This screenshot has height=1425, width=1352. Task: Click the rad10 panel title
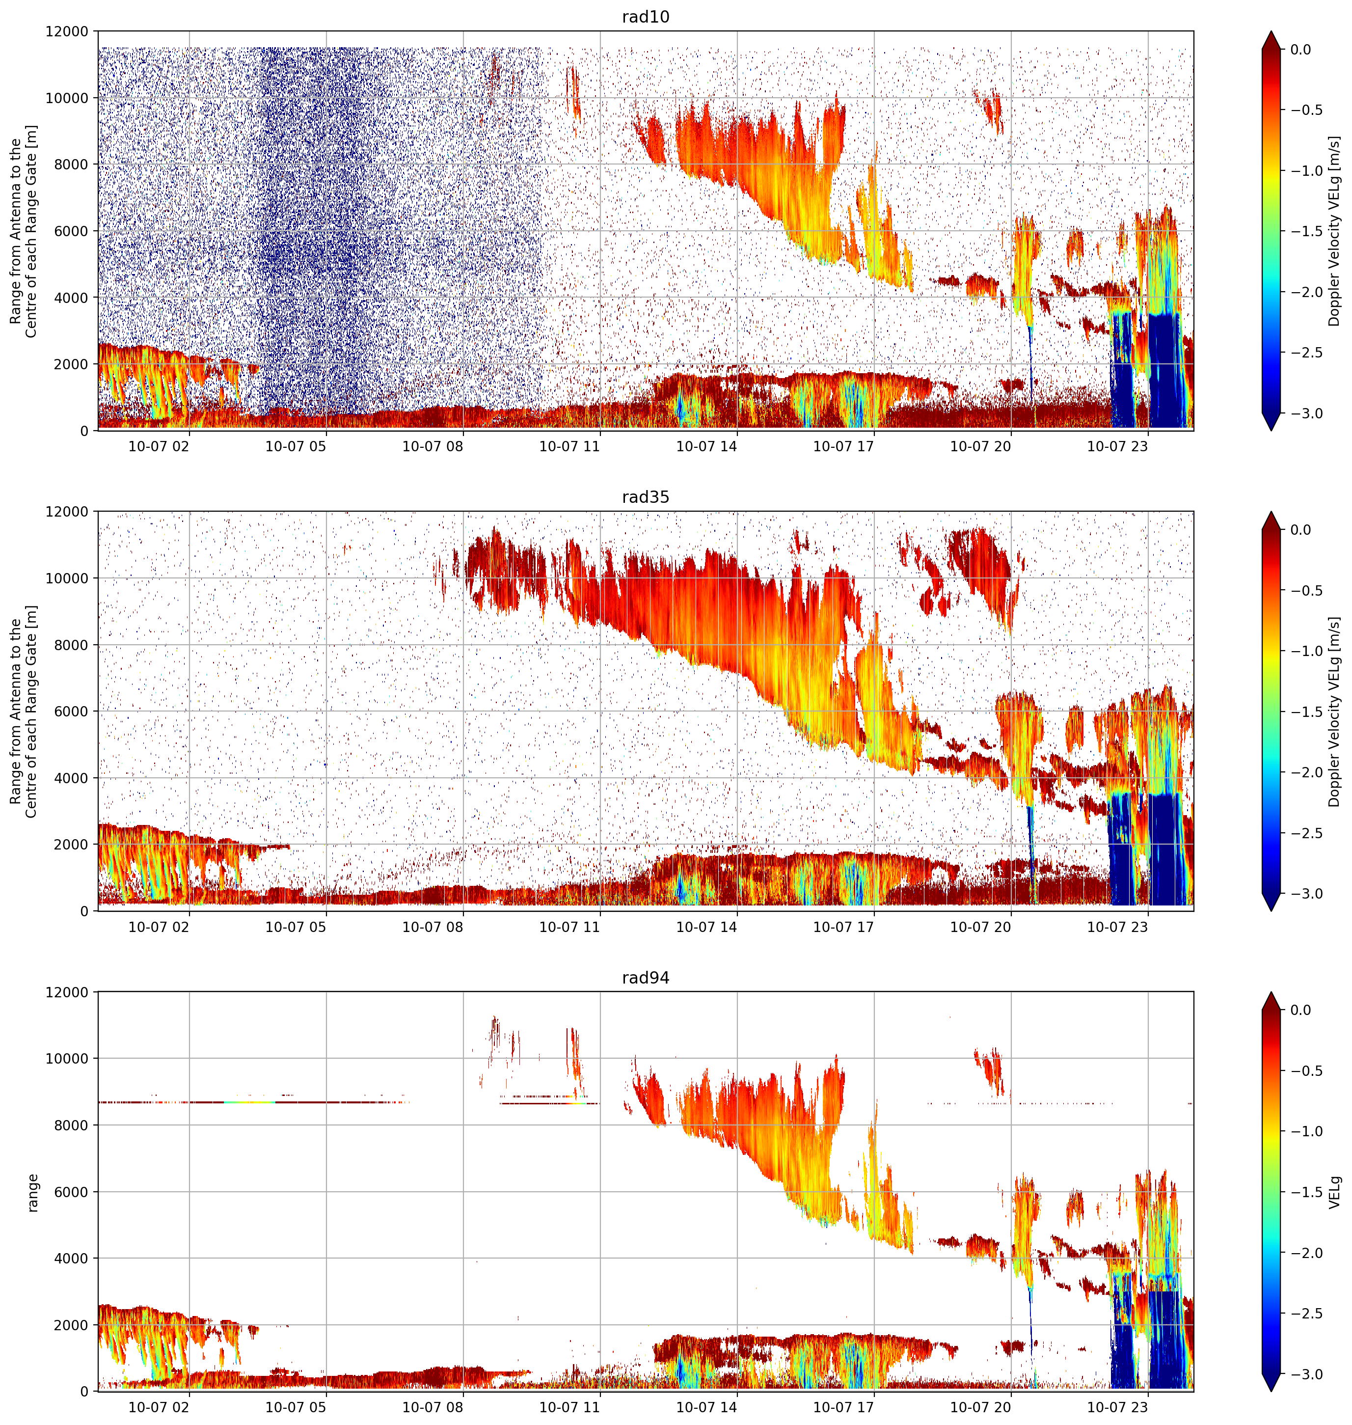point(645,17)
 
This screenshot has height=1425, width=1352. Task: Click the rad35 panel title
point(645,496)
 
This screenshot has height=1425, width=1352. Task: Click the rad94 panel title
point(645,977)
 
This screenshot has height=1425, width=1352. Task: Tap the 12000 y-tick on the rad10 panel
point(67,32)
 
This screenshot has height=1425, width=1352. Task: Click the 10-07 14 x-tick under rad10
point(706,446)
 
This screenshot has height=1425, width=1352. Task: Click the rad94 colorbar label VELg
point(1335,1191)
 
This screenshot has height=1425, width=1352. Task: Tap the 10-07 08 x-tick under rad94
point(433,1407)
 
